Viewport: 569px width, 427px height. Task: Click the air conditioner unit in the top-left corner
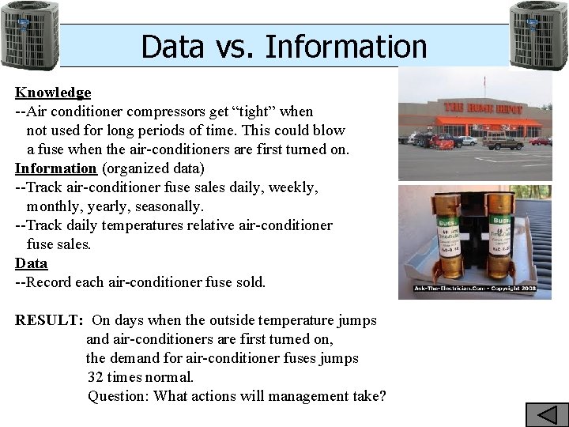point(29,36)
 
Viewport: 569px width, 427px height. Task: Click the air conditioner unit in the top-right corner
point(538,36)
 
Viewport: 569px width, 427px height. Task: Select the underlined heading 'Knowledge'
point(53,93)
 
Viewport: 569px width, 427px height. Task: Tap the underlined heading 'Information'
point(55,168)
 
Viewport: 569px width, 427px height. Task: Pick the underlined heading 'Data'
point(32,263)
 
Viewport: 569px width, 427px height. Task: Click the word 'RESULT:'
point(49,320)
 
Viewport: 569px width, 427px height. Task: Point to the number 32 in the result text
point(96,377)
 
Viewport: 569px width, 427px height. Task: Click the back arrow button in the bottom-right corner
point(547,414)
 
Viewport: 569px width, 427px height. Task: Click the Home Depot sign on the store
point(483,108)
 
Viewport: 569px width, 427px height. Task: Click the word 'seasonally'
point(170,206)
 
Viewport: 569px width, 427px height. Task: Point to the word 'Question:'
point(119,396)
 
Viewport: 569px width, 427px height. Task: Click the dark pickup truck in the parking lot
point(503,143)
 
